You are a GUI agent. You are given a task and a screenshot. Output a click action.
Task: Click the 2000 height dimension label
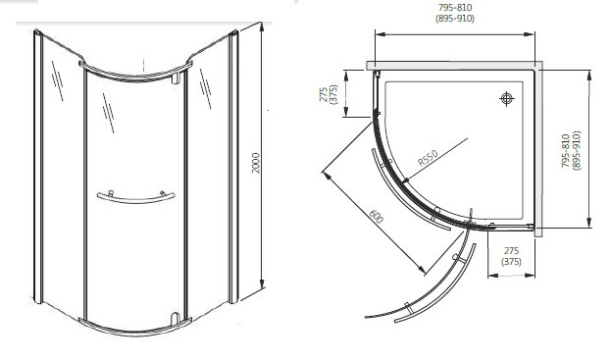tap(255, 163)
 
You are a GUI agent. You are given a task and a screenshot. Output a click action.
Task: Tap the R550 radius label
tap(428, 158)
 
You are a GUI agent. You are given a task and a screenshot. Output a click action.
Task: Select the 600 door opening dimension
tap(376, 216)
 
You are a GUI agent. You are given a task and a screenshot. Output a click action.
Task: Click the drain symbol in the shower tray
tap(506, 98)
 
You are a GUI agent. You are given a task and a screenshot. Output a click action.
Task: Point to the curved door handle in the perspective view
tap(135, 198)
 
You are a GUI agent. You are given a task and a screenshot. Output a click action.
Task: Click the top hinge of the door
tap(176, 77)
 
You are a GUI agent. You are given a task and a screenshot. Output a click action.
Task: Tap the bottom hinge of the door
tap(176, 318)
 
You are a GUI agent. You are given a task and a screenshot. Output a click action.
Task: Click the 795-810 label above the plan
tap(455, 8)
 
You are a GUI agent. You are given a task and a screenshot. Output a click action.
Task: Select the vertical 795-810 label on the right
tap(566, 151)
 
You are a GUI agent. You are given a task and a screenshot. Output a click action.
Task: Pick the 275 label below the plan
tap(511, 251)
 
